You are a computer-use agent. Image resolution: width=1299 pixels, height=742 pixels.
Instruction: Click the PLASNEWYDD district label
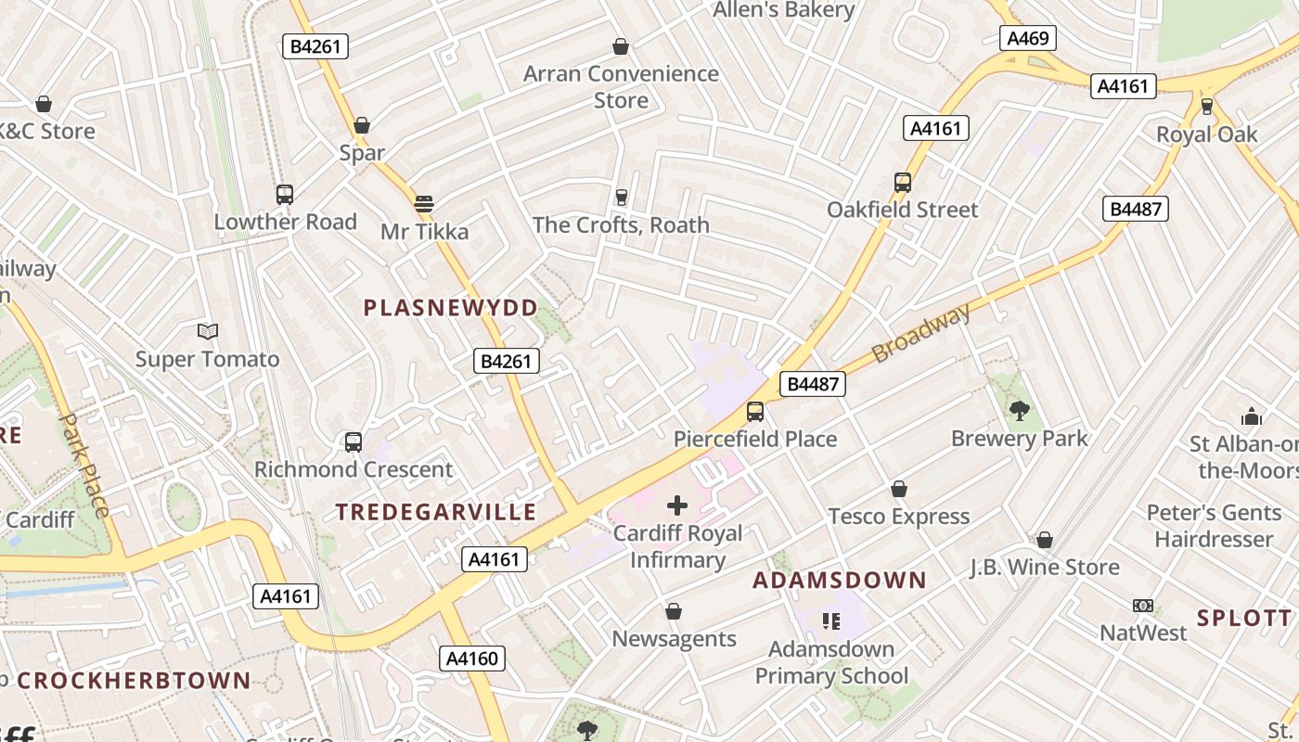[x=450, y=308]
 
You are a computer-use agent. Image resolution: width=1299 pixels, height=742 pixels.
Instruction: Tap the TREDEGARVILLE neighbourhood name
[x=436, y=512]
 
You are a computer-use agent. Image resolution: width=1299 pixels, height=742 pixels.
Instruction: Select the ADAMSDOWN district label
[x=839, y=581]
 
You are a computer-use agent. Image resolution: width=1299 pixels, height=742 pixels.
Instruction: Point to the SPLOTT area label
[x=1243, y=619]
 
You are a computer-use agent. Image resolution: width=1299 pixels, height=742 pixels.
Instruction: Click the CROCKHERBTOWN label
[x=134, y=681]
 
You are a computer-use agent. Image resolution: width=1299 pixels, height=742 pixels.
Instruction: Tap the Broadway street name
[x=920, y=333]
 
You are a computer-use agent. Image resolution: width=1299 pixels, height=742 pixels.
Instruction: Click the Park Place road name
[x=84, y=465]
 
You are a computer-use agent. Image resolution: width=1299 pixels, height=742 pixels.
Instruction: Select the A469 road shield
[x=1027, y=38]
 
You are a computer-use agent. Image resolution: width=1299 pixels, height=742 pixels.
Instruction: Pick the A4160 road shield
[x=472, y=659]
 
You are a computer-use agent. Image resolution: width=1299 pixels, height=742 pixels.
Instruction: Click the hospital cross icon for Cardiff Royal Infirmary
[x=677, y=505]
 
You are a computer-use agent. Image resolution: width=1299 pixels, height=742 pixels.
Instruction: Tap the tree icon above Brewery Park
[x=1019, y=409]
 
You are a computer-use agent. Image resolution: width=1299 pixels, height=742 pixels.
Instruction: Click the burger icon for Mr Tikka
[x=424, y=203]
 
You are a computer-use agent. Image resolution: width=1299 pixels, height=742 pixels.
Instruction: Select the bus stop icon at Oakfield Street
[x=903, y=183]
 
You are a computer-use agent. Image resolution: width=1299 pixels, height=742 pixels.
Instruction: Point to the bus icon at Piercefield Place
[x=755, y=411]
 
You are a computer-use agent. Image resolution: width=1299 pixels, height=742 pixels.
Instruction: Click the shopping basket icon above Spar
[x=362, y=125]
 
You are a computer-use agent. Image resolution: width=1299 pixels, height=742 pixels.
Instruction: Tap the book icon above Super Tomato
[x=208, y=331]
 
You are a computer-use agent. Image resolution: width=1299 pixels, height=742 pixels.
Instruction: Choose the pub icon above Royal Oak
[x=1206, y=106]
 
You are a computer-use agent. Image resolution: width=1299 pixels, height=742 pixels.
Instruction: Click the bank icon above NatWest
[x=1143, y=606]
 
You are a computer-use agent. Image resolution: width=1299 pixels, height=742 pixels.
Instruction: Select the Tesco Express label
[x=898, y=517]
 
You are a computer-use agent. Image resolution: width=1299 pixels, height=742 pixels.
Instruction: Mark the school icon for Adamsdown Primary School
[x=830, y=620]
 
